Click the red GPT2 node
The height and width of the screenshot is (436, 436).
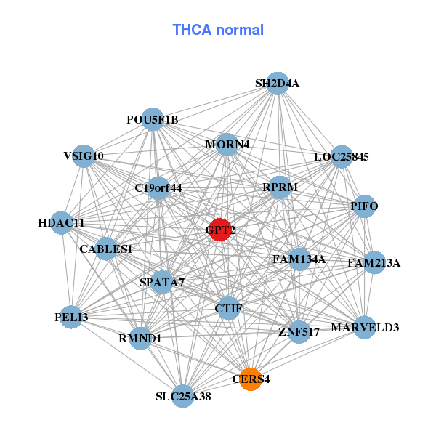click(x=219, y=230)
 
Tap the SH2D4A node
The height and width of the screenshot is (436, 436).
click(x=277, y=84)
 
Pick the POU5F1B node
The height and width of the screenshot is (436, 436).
click(x=153, y=119)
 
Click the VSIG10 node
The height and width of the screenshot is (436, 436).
click(x=84, y=156)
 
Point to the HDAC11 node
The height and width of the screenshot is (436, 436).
click(x=62, y=222)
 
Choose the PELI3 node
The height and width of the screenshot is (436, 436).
click(x=71, y=318)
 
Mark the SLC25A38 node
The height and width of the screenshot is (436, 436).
click(x=183, y=396)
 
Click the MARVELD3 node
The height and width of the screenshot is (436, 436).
click(x=365, y=328)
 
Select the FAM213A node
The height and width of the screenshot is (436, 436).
click(x=374, y=262)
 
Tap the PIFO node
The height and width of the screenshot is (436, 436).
click(x=364, y=206)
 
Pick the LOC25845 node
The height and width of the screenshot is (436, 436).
click(x=342, y=156)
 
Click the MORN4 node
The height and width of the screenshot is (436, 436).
click(x=227, y=144)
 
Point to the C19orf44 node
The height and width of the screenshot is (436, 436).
click(x=158, y=188)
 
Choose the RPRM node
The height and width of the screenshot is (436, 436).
click(x=280, y=187)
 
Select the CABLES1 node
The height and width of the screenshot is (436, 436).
click(x=106, y=249)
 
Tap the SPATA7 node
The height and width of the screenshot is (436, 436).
click(x=162, y=282)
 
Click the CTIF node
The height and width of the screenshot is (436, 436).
click(x=228, y=309)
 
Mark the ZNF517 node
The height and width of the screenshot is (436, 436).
click(x=299, y=331)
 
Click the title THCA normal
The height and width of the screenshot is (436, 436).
click(x=218, y=30)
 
